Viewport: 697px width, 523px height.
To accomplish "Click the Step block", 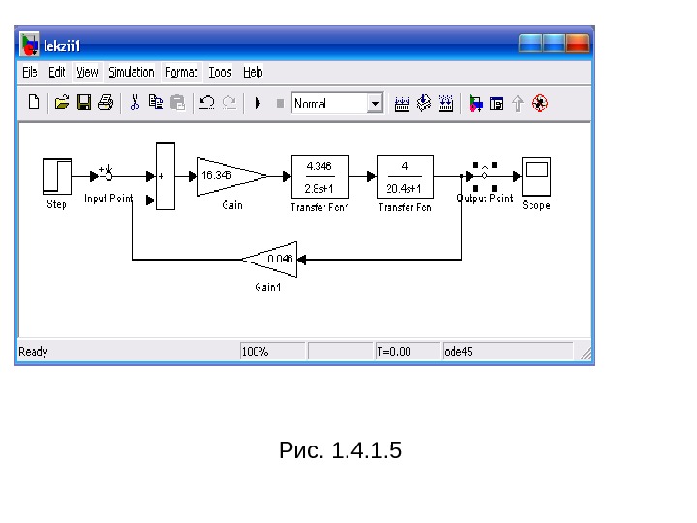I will [57, 176].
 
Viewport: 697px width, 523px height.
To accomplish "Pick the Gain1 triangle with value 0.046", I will [273, 259].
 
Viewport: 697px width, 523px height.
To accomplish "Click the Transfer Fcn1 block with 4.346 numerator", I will [318, 176].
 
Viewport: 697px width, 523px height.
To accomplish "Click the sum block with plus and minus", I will [166, 176].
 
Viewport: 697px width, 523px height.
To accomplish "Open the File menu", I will [30, 72].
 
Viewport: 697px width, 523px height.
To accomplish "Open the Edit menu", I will [57, 72].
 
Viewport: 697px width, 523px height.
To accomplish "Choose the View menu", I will [87, 72].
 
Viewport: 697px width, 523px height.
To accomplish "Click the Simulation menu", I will [131, 72].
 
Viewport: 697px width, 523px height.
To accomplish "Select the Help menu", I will [253, 72].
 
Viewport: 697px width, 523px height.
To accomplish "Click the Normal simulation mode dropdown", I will [337, 103].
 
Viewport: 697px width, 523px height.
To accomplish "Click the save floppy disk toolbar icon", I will [84, 103].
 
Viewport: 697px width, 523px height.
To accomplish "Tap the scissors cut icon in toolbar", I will [135, 103].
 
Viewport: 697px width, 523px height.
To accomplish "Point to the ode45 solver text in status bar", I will [459, 352].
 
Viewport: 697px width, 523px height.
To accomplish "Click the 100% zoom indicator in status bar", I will [256, 352].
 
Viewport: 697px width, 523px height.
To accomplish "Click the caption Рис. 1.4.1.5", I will [340, 450].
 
